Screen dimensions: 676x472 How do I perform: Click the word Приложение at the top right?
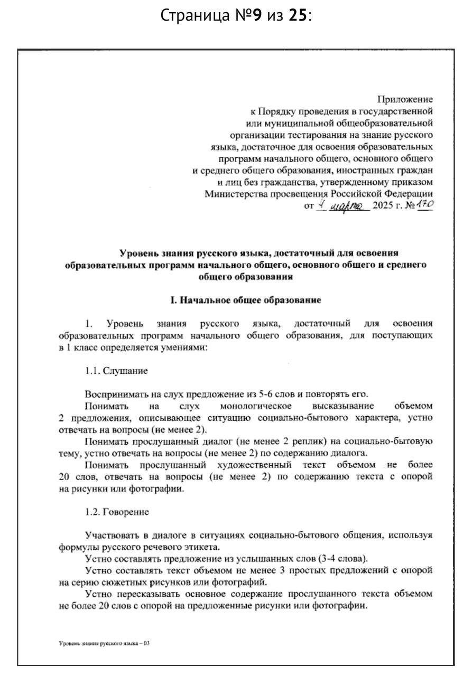(405, 99)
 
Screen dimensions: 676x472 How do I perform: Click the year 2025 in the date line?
(383, 206)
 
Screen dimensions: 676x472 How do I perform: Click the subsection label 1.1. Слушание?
(116, 371)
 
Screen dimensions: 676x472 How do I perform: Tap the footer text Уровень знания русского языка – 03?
(105, 644)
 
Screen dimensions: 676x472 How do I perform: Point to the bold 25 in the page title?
(298, 16)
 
